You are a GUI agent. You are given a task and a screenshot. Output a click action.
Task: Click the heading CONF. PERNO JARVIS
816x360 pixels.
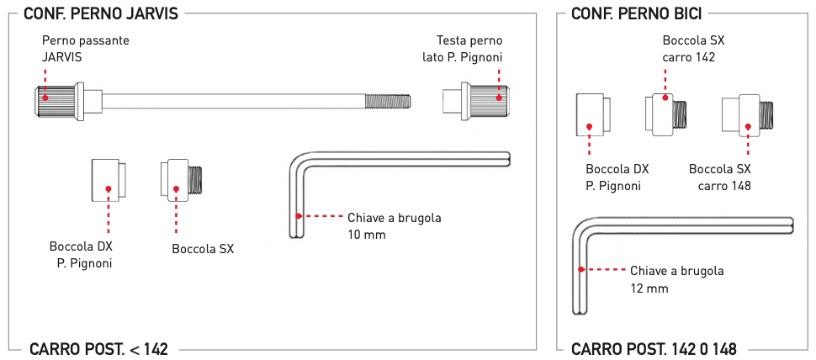tap(101, 13)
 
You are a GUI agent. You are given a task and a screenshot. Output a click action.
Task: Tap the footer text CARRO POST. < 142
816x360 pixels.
tap(99, 349)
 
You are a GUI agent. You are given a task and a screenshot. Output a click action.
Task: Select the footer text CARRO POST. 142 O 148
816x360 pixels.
tap(654, 349)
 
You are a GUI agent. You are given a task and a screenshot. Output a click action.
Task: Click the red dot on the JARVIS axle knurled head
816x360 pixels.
tap(45, 98)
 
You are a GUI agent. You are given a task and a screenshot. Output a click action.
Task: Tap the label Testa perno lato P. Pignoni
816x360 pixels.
tap(463, 49)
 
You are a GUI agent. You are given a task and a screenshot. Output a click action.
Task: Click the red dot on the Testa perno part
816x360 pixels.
tap(499, 98)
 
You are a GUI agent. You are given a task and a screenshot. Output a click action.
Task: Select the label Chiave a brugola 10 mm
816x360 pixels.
tap(395, 225)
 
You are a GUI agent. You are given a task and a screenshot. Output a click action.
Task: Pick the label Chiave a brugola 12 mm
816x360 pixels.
tap(677, 279)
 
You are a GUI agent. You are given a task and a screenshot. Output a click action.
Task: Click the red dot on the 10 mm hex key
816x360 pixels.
tap(298, 215)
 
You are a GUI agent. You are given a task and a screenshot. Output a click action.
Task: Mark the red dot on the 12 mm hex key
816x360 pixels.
tap(580, 269)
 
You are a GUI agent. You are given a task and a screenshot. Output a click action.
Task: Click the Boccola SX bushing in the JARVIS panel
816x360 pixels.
tap(181, 181)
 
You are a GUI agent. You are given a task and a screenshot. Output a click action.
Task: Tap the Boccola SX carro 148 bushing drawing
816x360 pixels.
tap(747, 115)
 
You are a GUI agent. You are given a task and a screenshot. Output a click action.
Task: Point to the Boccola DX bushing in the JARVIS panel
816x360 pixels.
tap(109, 181)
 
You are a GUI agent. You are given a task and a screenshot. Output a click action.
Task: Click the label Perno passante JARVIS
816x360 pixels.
tap(85, 49)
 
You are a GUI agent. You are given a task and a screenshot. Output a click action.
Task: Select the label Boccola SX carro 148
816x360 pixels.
tap(720, 177)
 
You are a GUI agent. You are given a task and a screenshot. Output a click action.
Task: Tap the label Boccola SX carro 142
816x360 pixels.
tap(694, 49)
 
